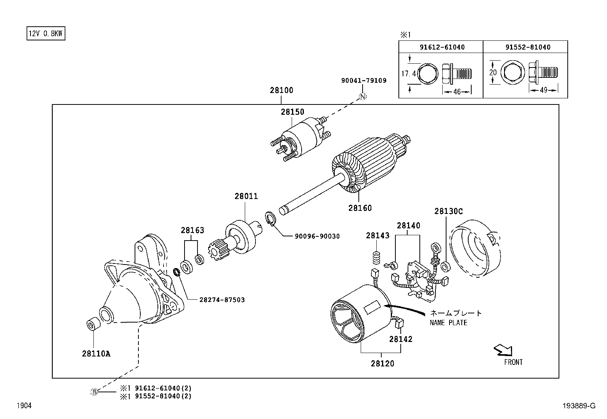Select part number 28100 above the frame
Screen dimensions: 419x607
[x=281, y=91]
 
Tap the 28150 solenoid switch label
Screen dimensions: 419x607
[x=292, y=112]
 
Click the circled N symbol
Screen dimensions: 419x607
[x=363, y=96]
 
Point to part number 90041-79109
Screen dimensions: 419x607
[x=363, y=80]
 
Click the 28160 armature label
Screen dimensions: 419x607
[x=360, y=208]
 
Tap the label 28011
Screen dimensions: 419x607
[x=246, y=196]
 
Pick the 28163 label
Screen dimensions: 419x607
[x=192, y=230]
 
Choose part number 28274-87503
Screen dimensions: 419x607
[x=222, y=300]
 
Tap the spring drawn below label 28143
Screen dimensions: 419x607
[x=377, y=258]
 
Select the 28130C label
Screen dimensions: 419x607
[x=448, y=211]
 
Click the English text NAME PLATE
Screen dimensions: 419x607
[x=448, y=323]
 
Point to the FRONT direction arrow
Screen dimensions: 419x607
[x=503, y=350]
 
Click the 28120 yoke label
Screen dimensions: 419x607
[x=382, y=364]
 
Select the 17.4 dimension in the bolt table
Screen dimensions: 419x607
[x=408, y=74]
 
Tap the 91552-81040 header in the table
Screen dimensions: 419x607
[x=528, y=47]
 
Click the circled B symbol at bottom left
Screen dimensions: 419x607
[x=94, y=392]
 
